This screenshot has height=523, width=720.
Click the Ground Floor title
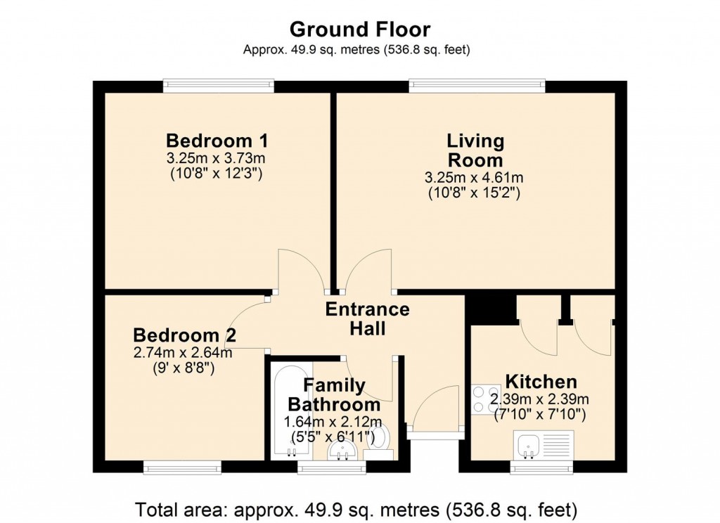pyautogui.click(x=360, y=29)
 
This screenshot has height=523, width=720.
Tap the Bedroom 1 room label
pyautogui.click(x=216, y=138)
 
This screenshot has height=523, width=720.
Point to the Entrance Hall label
pyautogui.click(x=367, y=318)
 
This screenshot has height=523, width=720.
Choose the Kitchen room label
pyautogui.click(x=541, y=382)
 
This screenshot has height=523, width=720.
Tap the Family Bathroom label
pyautogui.click(x=335, y=395)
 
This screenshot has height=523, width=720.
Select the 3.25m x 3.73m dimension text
pyautogui.click(x=216, y=157)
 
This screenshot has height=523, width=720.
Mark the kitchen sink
pyautogui.click(x=527, y=445)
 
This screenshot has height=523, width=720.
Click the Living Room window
pyautogui.click(x=477, y=86)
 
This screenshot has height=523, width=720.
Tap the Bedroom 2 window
pyautogui.click(x=181, y=467)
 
